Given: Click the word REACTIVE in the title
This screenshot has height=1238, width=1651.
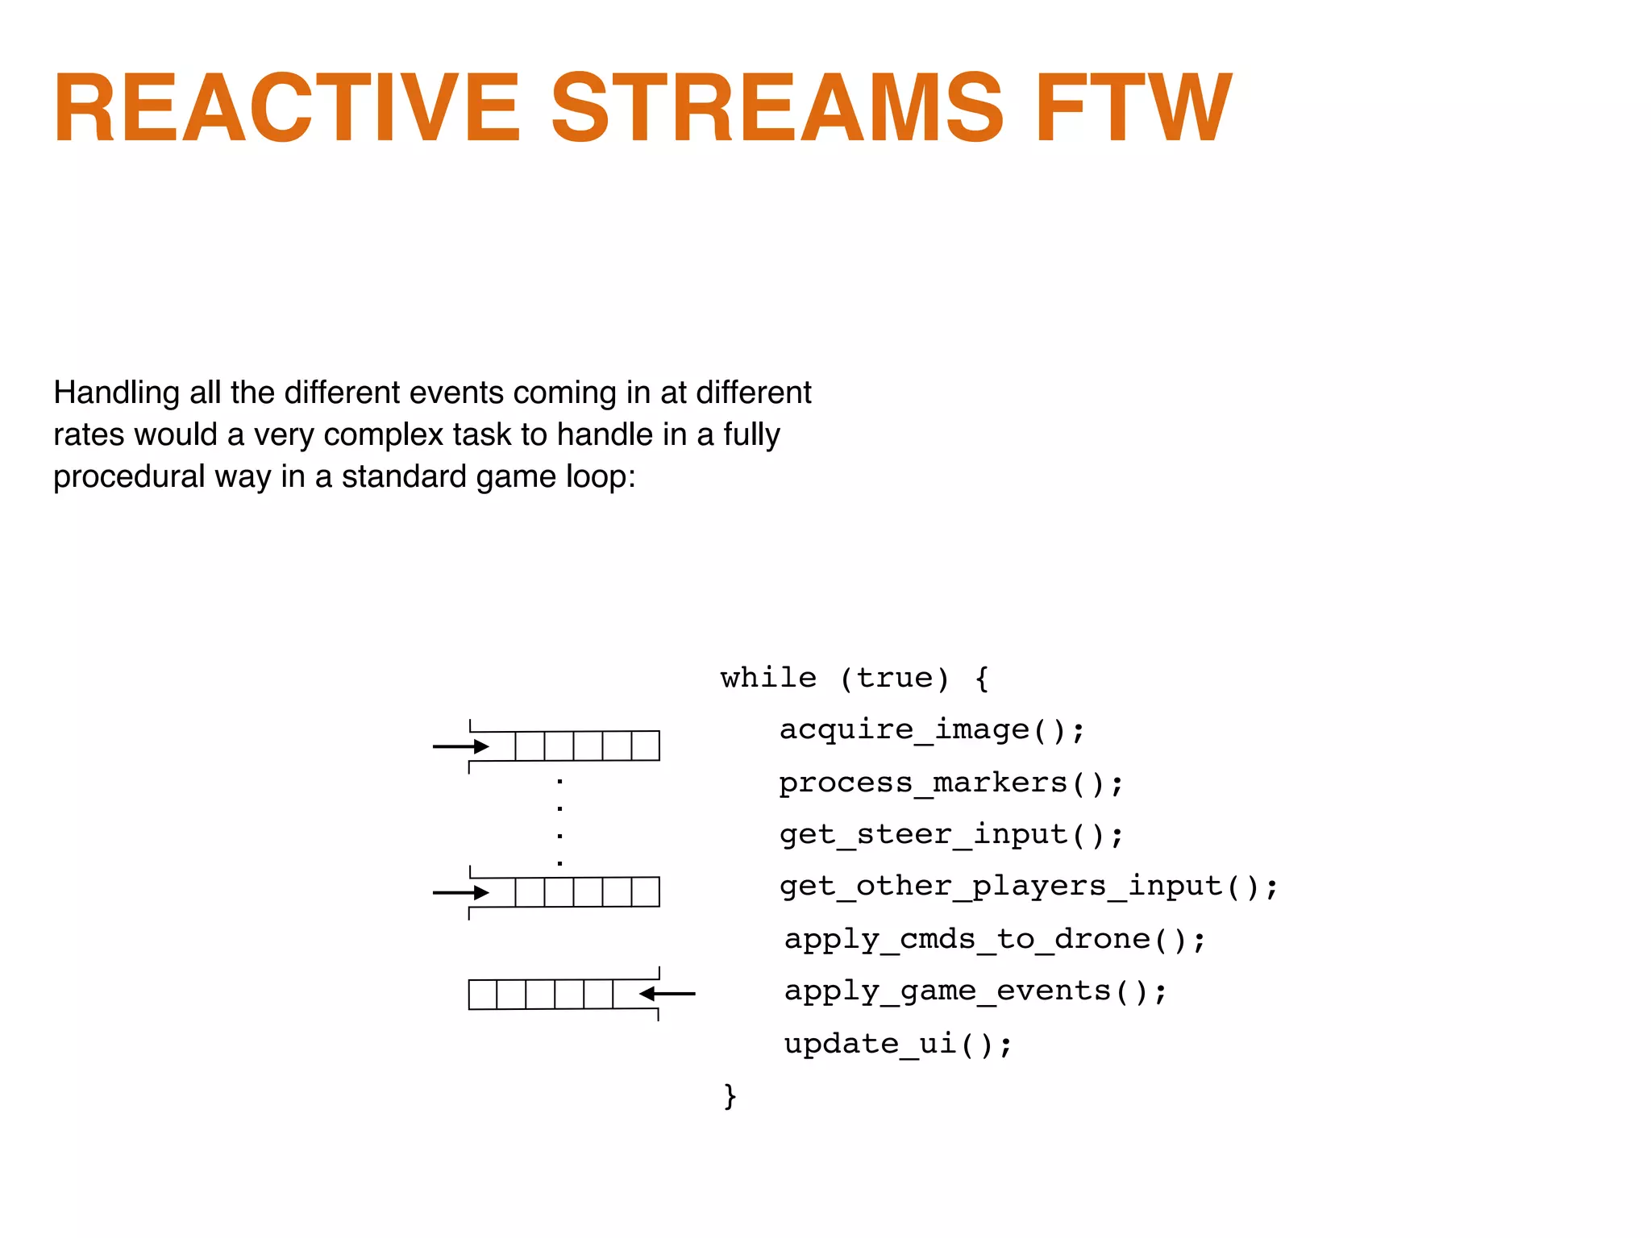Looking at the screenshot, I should click(x=286, y=108).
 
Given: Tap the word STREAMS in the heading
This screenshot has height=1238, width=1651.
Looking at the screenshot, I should click(x=777, y=108).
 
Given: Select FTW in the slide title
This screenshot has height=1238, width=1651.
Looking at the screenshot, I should click(x=1133, y=108).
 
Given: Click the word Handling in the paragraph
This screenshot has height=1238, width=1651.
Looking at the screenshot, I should click(x=116, y=393).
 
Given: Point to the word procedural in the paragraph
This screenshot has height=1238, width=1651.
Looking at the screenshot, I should click(x=129, y=477).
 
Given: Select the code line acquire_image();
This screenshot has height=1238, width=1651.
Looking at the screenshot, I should click(x=932, y=729).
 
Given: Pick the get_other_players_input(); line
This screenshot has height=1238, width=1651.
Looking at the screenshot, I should click(x=1029, y=887).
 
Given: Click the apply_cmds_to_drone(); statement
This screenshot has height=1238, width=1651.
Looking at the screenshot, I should click(x=995, y=939).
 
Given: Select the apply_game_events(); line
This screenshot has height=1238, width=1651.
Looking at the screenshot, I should click(x=975, y=991).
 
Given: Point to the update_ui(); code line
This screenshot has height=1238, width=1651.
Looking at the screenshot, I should click(x=898, y=1044).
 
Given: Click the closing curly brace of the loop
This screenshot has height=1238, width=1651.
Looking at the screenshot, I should click(x=730, y=1095).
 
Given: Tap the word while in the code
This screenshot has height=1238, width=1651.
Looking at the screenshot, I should click(x=768, y=678).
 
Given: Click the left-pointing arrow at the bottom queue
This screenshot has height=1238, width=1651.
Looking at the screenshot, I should click(x=667, y=994).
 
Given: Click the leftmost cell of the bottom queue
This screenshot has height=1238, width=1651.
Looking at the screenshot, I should click(x=483, y=994).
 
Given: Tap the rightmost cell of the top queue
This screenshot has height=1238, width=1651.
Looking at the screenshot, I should click(x=645, y=746).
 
